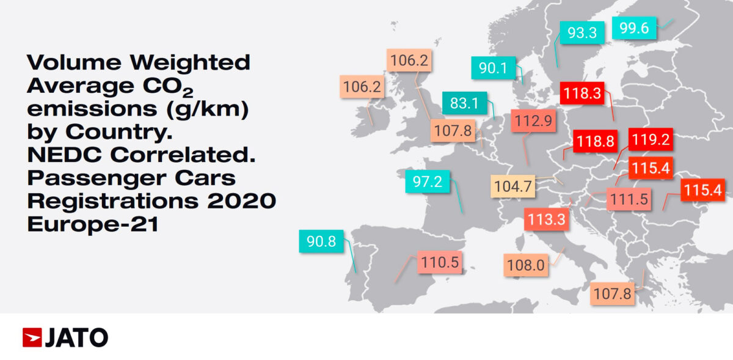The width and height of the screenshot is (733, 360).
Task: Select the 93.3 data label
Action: (582, 33)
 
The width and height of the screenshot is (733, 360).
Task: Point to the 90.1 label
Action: (493, 68)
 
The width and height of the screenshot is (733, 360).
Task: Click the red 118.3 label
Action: (582, 94)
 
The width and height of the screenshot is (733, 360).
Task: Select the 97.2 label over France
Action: (428, 182)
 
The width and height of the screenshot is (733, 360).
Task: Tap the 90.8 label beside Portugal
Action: (321, 241)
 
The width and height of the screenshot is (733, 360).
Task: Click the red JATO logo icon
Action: (32, 337)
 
